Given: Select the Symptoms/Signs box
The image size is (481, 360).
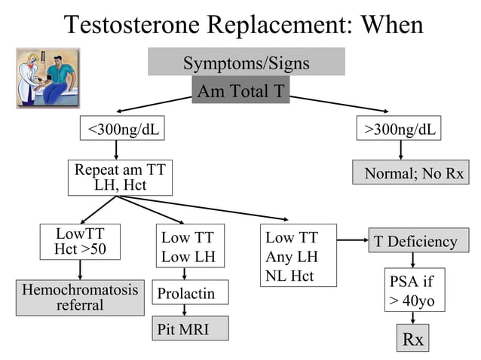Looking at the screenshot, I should point(246,63).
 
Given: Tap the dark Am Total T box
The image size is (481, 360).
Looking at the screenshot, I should point(240,91).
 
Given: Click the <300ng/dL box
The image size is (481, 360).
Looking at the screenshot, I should point(123,129).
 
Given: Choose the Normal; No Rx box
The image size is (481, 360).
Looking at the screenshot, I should point(410,173).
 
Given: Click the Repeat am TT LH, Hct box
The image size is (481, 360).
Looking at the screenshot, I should point(119,177).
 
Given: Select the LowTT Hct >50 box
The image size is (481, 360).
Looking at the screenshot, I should point(80,242).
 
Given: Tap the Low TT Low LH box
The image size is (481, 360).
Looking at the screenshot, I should point(188,247).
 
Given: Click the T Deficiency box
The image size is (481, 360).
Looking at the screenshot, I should point(415,241).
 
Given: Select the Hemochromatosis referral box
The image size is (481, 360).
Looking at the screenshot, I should point(80,297).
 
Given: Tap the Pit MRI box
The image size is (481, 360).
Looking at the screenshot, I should point(190,328).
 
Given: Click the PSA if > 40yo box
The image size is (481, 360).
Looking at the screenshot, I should point(414,290).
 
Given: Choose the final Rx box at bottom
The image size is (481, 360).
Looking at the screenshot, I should point(412,339).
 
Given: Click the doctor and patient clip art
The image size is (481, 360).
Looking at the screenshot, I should point(48,78).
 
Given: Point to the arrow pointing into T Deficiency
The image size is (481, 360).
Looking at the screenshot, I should point(351,241).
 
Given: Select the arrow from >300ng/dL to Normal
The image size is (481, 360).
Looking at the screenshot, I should point(400,151).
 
